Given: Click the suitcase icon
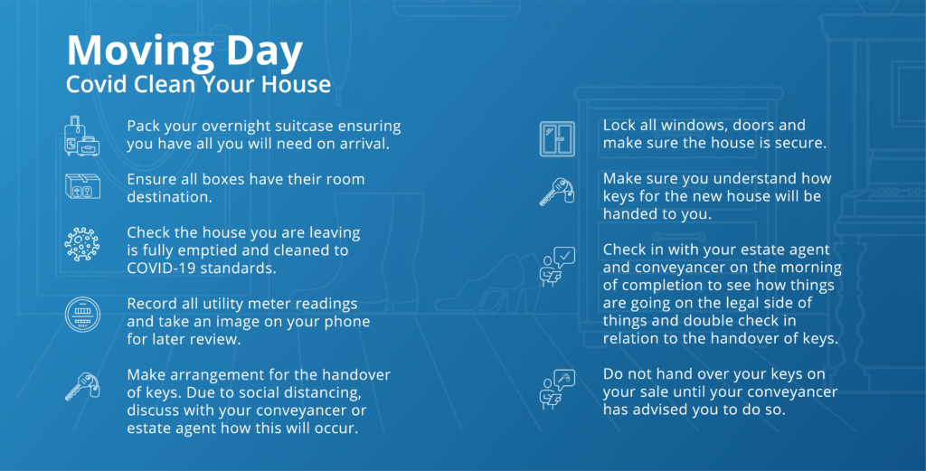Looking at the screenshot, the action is [x=82, y=136].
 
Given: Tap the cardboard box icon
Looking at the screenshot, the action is [x=82, y=186].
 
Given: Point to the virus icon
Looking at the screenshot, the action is [x=82, y=244].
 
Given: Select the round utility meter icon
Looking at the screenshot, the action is [x=82, y=315].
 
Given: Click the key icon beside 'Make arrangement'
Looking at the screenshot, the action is [x=82, y=386].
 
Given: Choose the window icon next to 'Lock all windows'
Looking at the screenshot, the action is [x=557, y=138].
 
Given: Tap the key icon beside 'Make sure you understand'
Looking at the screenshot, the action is [x=557, y=192].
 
